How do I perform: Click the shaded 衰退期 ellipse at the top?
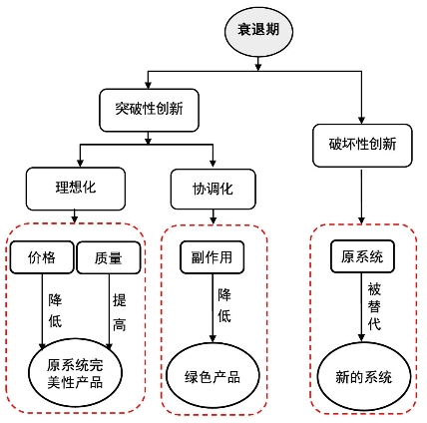(258, 31)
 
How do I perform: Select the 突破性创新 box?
(149, 110)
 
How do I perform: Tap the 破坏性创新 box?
(362, 146)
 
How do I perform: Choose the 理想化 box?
(76, 189)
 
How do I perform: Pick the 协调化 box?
(213, 189)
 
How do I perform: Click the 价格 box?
(42, 257)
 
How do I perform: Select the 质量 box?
(109, 257)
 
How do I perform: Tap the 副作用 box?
(213, 257)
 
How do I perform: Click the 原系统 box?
(362, 256)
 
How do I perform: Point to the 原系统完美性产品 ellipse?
(76, 372)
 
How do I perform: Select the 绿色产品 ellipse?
(213, 376)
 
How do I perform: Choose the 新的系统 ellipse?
(364, 376)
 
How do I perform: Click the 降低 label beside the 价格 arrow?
(55, 311)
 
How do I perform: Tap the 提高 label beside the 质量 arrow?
(120, 312)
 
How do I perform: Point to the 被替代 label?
(374, 306)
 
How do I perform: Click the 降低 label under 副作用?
(224, 305)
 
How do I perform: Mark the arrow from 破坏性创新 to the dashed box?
(362, 197)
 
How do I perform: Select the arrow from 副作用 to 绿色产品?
(213, 308)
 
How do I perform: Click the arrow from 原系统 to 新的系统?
(362, 307)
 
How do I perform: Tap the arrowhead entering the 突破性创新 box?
(149, 85)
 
